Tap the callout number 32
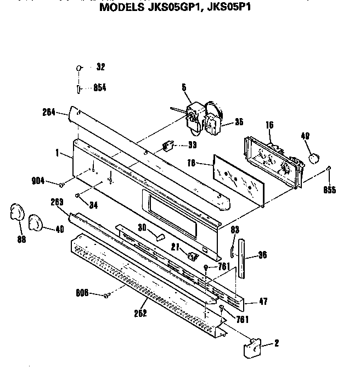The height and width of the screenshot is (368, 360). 100,67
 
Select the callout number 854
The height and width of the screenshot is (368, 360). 99,88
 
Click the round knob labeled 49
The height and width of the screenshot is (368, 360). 314,158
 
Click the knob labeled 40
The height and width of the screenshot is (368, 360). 35,221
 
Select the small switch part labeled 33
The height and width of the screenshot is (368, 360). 168,147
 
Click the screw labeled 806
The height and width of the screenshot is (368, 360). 105,295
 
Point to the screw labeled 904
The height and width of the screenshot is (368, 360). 63,184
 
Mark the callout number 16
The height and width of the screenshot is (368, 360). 269,126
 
